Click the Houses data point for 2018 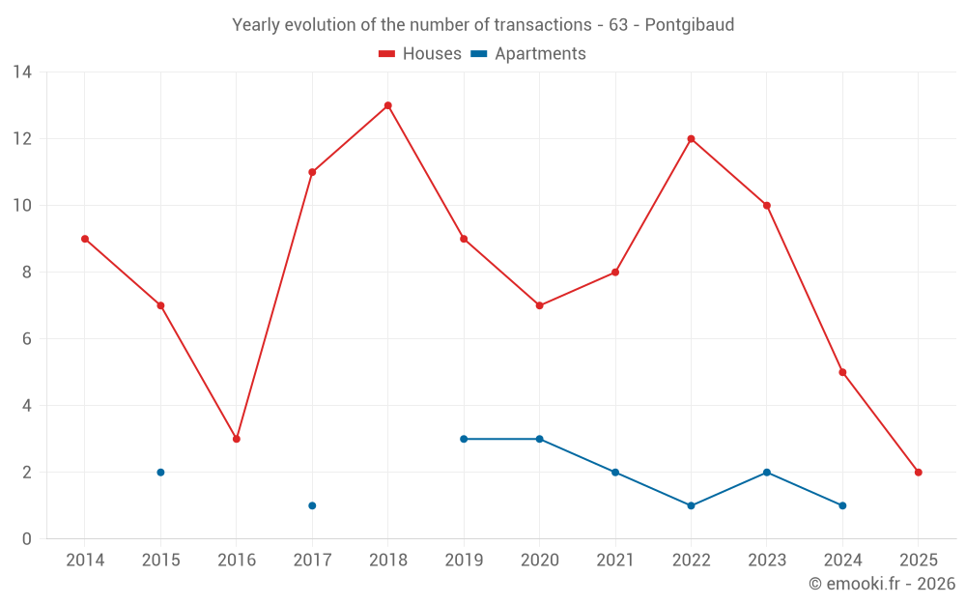click(387, 105)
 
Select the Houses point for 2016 click(236, 439)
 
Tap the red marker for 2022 click(691, 138)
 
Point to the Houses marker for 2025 click(918, 473)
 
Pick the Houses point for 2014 click(85, 239)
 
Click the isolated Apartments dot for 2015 click(160, 473)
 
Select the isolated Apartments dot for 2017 click(312, 505)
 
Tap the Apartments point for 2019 click(464, 439)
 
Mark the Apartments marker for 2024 click(842, 505)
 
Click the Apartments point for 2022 click(691, 505)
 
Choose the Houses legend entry click(420, 54)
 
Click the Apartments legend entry click(528, 54)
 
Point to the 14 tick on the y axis click(22, 72)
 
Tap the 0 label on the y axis click(27, 539)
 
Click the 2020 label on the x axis click(539, 561)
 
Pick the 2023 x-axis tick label click(766, 561)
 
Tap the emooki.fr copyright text click(882, 584)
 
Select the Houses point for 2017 click(312, 172)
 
